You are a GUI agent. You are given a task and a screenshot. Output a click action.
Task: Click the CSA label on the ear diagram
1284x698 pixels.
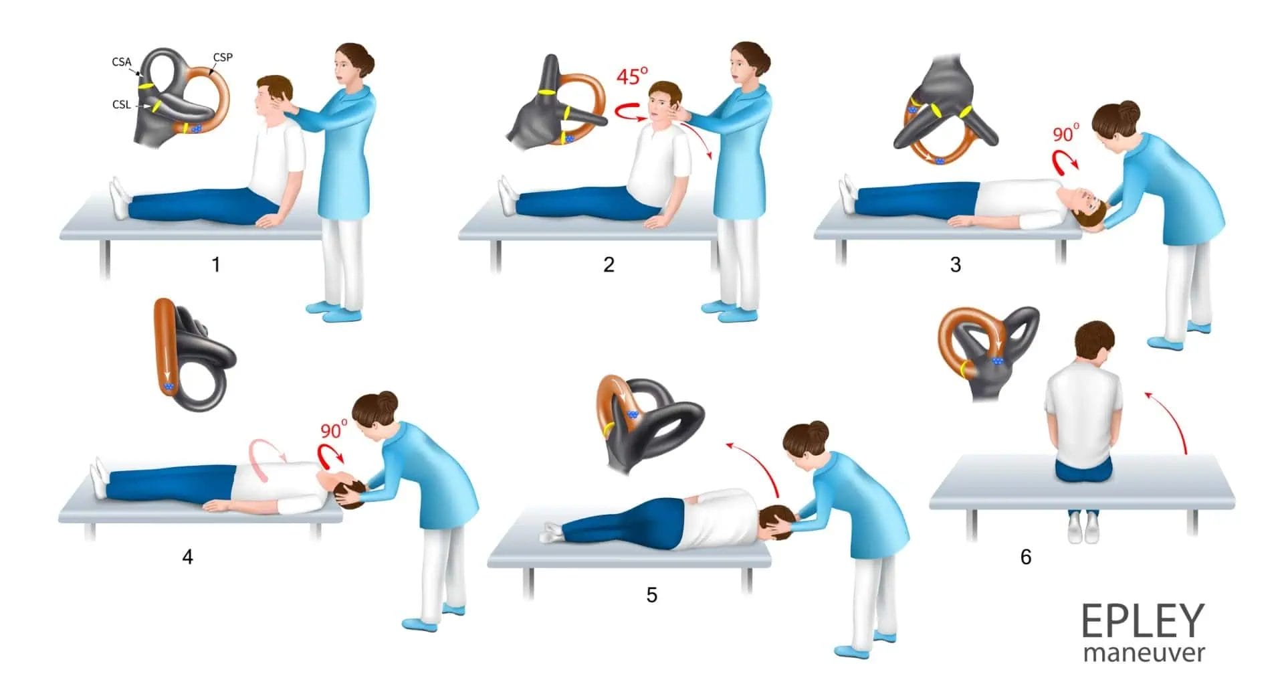pyautogui.click(x=121, y=62)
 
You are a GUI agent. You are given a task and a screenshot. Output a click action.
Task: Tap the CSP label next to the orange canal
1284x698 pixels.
pyautogui.click(x=223, y=58)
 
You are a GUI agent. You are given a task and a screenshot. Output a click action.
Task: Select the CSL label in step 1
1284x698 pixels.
pyautogui.click(x=121, y=104)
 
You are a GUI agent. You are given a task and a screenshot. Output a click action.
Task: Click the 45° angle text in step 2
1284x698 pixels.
pyautogui.click(x=632, y=76)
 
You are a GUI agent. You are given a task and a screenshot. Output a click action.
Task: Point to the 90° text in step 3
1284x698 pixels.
pyautogui.click(x=1066, y=133)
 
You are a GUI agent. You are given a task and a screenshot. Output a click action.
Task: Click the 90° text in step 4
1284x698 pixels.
pyautogui.click(x=334, y=429)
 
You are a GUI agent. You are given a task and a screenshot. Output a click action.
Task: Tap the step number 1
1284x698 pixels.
pyautogui.click(x=216, y=265)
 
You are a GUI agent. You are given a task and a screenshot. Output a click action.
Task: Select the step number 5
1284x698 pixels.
pyautogui.click(x=651, y=595)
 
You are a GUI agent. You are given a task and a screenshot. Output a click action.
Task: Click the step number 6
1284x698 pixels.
pyautogui.click(x=1025, y=557)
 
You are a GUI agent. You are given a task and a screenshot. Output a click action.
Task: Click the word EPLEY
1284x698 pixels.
pyautogui.click(x=1142, y=621)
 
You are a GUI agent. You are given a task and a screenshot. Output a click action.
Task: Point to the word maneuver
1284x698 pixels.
pyautogui.click(x=1144, y=652)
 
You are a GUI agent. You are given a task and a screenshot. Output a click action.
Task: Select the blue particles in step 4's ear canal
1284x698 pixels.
pyautogui.click(x=169, y=387)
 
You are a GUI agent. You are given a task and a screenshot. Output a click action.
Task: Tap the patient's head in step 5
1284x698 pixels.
pyautogui.click(x=778, y=523)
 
